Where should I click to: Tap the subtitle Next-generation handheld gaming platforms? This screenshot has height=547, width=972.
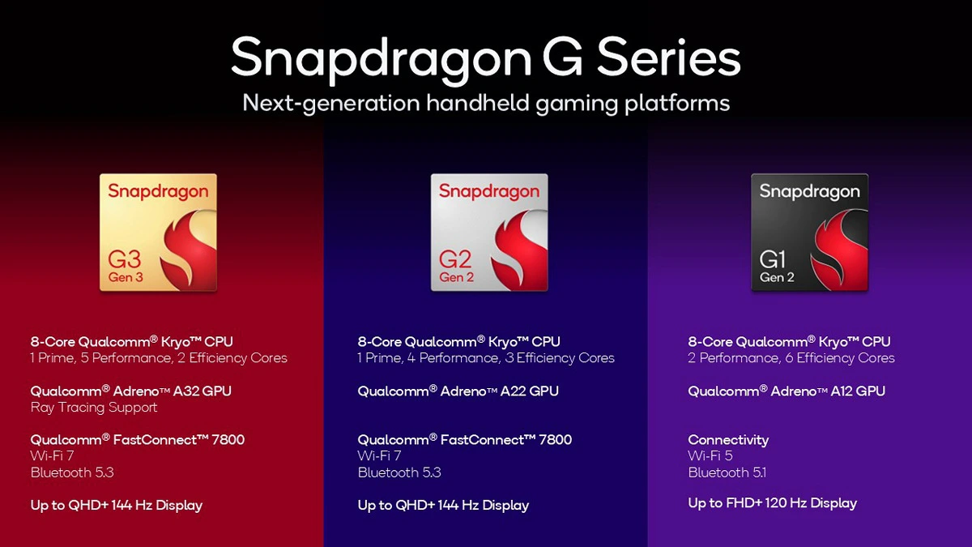click(486, 104)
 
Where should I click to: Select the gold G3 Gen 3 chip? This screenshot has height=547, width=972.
click(158, 233)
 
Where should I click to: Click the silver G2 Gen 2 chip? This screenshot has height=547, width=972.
click(488, 233)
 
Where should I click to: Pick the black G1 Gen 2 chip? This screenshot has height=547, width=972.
click(809, 233)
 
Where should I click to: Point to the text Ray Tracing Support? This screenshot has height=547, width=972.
click(94, 408)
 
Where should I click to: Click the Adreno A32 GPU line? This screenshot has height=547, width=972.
click(131, 391)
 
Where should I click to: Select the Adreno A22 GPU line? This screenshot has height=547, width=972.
click(458, 391)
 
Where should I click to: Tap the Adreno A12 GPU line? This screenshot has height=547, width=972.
click(787, 391)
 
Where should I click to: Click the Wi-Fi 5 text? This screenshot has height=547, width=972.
click(710, 456)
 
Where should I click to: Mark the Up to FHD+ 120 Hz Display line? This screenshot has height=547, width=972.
click(772, 503)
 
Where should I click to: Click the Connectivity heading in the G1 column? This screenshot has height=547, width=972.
click(728, 440)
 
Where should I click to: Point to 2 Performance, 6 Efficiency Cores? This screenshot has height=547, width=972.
click(791, 358)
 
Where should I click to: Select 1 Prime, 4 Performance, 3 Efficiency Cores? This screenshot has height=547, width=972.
click(486, 358)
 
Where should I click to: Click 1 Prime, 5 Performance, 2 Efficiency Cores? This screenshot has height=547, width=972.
click(159, 358)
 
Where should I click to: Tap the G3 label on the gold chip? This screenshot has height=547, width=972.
click(125, 260)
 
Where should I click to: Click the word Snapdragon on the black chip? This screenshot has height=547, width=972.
click(809, 192)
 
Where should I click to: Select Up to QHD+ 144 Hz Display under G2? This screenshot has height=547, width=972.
click(443, 506)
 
